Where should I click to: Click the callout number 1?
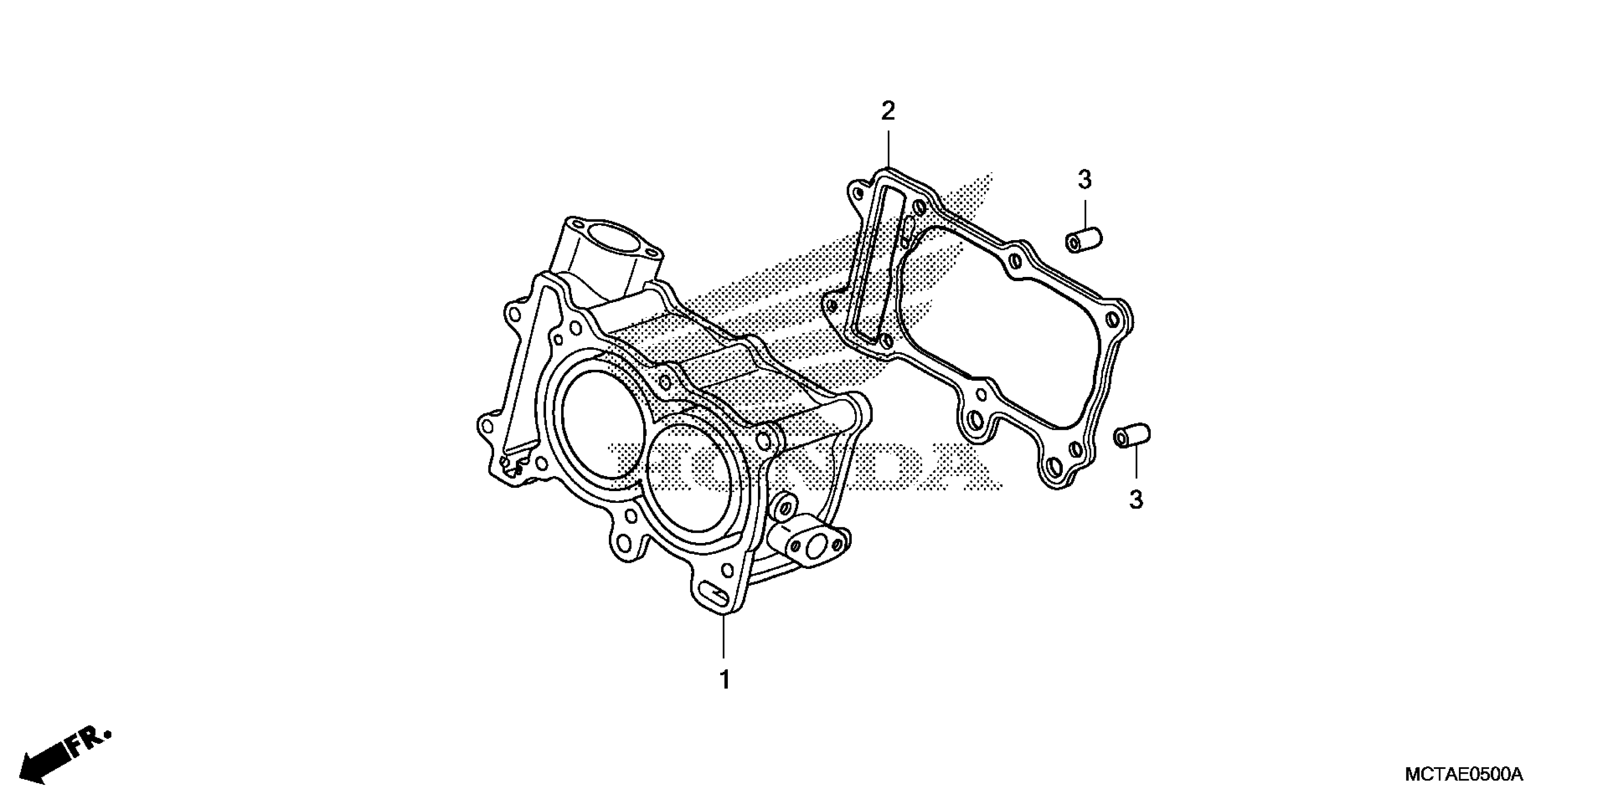point(724,680)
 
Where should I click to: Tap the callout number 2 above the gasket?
point(888,112)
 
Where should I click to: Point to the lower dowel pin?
point(1132,435)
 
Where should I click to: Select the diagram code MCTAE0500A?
point(1464,775)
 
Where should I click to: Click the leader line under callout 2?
point(888,146)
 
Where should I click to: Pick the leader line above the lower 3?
point(1136,465)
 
